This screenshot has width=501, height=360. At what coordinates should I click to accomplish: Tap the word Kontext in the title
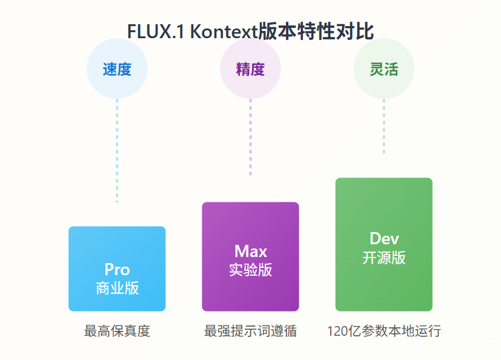point(224,32)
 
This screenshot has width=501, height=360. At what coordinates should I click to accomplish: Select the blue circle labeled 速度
point(117,69)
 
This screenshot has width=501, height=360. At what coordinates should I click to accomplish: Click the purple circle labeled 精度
point(250,69)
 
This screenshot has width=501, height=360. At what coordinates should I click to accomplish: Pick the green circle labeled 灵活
point(383,69)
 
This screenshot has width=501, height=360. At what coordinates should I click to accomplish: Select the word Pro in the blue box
point(117,270)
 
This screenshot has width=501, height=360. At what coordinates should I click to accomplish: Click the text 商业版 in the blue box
point(117,288)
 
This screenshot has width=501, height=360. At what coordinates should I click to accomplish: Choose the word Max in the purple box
point(250,251)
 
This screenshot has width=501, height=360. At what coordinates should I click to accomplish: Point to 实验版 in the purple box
point(250,270)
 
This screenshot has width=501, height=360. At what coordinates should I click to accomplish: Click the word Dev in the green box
point(384,238)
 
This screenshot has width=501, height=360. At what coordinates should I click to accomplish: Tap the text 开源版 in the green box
point(384,258)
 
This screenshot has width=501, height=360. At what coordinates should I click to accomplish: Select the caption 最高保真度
point(117,332)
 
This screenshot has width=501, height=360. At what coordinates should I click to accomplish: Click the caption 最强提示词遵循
point(250,332)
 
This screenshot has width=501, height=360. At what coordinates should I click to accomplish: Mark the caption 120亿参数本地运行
point(383,332)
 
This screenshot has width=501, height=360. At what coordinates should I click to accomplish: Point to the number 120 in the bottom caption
point(337,332)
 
